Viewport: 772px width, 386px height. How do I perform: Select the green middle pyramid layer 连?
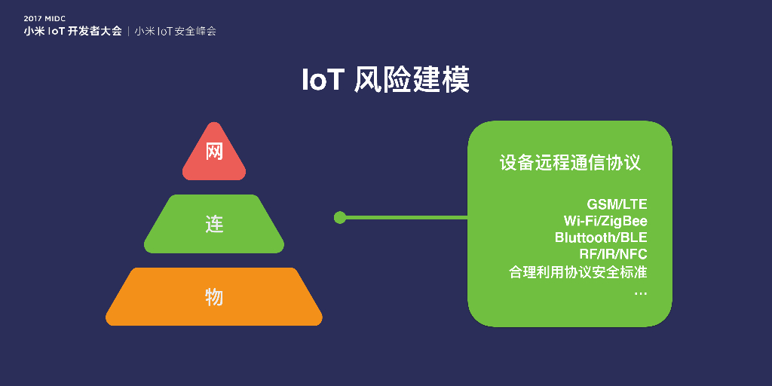214,225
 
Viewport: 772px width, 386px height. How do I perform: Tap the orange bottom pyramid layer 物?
214,297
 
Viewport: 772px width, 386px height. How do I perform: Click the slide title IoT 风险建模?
385,79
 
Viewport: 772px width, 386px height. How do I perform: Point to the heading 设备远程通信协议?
569,163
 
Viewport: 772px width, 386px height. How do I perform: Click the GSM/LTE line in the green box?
617,204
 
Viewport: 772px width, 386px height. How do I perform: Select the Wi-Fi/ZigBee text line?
605,221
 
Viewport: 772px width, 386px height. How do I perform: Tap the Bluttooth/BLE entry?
601,237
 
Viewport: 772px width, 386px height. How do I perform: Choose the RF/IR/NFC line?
613,254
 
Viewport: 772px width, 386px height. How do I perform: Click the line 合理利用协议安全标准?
578,271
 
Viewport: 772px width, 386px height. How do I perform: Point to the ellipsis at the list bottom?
640,290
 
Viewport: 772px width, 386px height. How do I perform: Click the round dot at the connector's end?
340,217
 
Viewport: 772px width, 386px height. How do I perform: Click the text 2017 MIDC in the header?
44,18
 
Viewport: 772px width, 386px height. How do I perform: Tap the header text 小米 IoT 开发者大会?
72,32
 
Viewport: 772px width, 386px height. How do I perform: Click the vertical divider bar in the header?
129,32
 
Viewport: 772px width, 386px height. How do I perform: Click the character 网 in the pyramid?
214,152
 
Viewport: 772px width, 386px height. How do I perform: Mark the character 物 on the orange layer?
214,297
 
